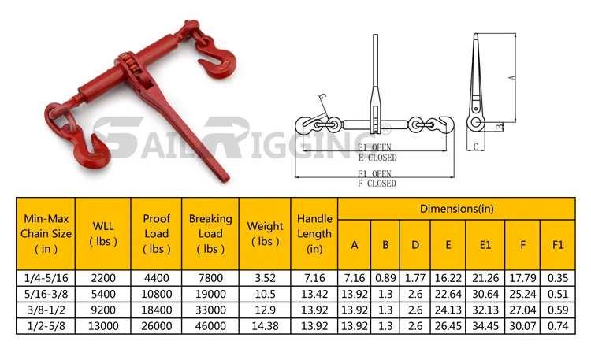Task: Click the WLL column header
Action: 103,233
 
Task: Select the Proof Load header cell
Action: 156,233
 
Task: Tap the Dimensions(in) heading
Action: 456,209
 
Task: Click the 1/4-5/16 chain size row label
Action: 46,276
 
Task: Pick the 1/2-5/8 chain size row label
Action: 46,324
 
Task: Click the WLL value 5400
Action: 103,292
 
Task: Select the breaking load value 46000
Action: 210,324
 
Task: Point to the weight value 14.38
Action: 265,324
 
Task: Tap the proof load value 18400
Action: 156,308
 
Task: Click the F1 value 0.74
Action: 558,324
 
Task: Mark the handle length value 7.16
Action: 314,276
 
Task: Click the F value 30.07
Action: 522,324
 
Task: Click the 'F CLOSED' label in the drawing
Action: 377,184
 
